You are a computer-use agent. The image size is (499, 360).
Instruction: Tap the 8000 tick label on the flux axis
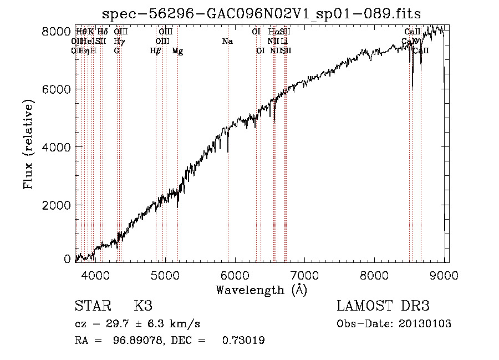pyautogui.click(x=55, y=32)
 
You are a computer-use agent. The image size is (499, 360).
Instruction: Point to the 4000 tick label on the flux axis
pyautogui.click(x=55, y=147)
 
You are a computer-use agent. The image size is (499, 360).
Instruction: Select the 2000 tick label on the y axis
pyautogui.click(x=55, y=205)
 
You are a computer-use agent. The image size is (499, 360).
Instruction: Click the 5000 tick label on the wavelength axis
pyautogui.click(x=165, y=275)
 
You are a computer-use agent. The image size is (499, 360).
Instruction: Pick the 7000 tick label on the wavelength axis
pyautogui.click(x=305, y=275)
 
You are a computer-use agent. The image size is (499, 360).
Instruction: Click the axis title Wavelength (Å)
pyautogui.click(x=261, y=289)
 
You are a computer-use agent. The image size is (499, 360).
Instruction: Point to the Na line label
pyautogui.click(x=227, y=42)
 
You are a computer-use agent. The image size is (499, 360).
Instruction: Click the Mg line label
pyautogui.click(x=177, y=51)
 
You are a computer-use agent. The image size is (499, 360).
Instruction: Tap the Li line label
pyautogui.click(x=284, y=42)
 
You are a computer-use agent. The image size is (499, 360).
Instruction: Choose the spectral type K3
pyautogui.click(x=142, y=306)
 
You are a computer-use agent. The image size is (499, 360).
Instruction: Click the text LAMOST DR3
pyautogui.click(x=383, y=306)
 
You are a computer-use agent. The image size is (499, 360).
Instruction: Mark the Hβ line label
pyautogui.click(x=155, y=51)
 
